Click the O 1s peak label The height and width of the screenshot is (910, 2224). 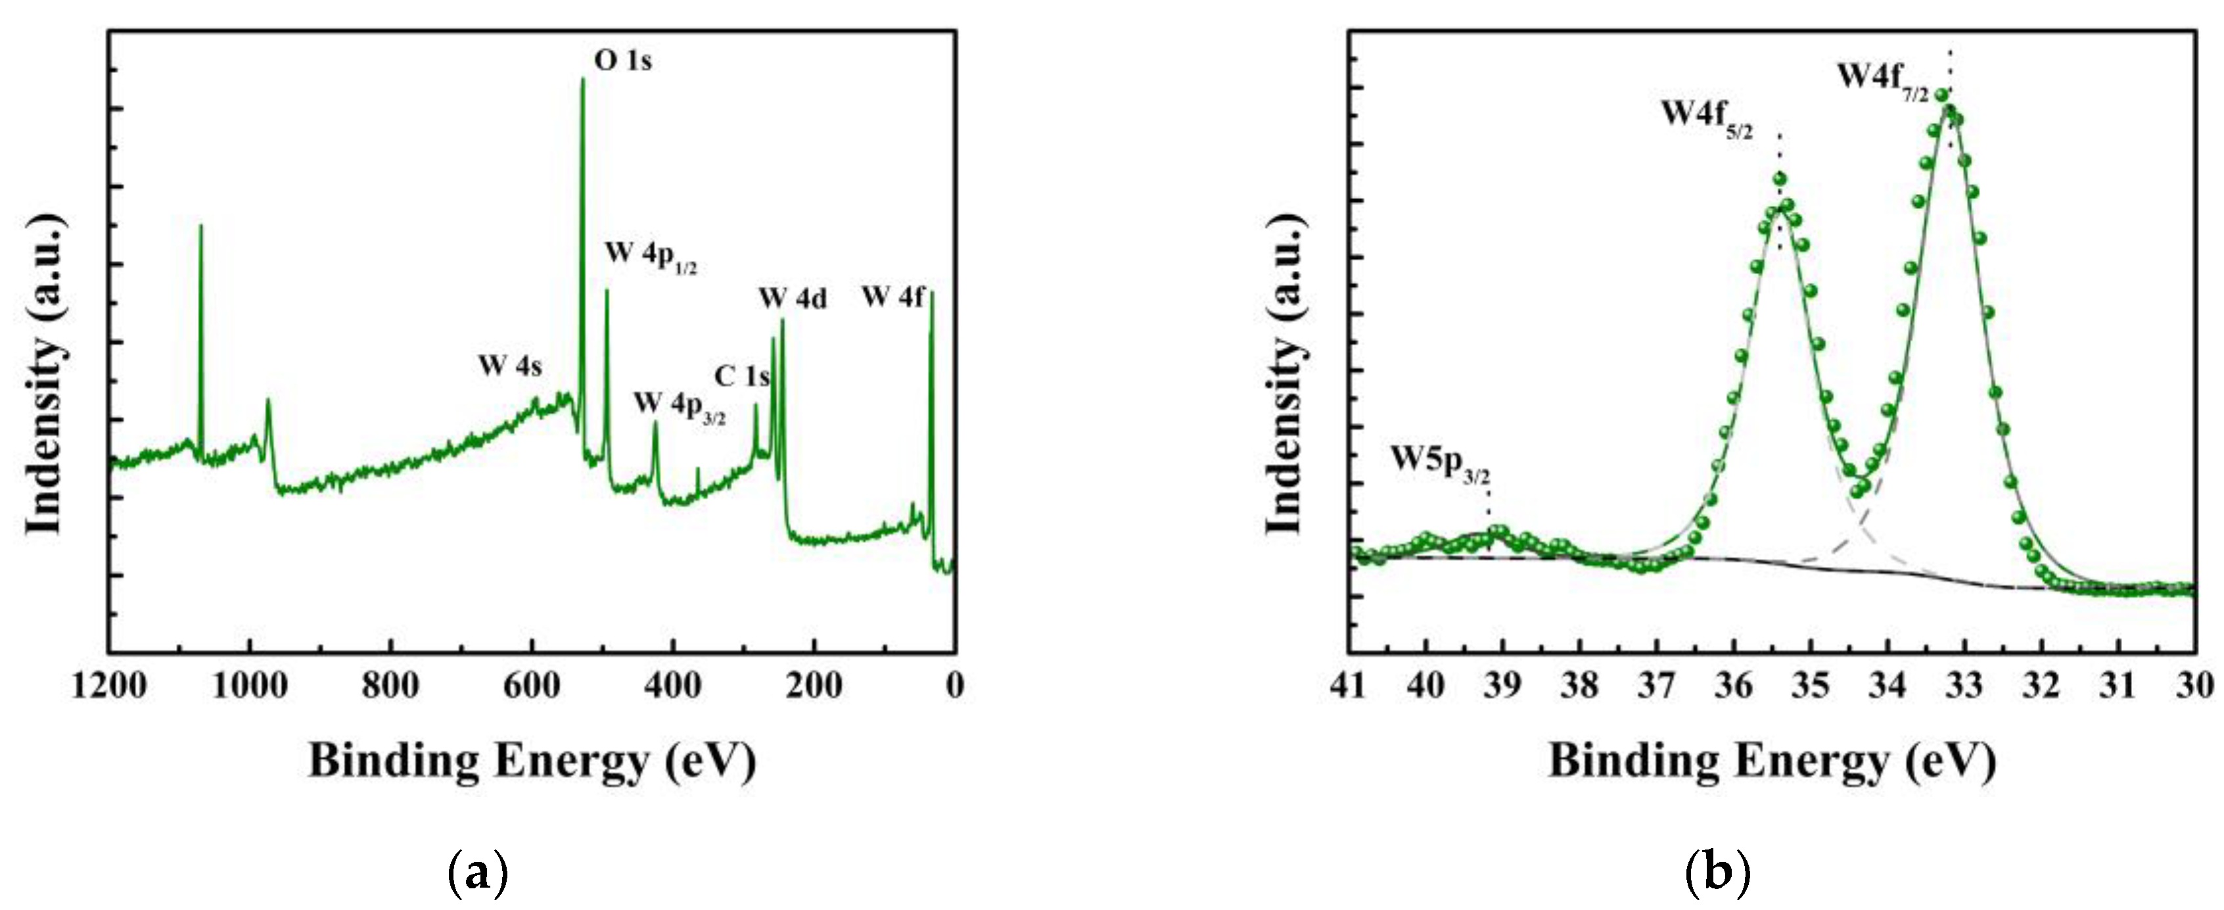pos(622,60)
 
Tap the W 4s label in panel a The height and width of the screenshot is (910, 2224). pos(510,366)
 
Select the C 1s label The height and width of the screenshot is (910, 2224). pos(741,377)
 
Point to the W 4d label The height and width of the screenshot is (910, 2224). pos(793,299)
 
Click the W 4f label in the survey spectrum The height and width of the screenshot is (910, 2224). pos(892,298)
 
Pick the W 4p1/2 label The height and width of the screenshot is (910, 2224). pos(650,256)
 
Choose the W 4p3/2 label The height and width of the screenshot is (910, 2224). pos(680,406)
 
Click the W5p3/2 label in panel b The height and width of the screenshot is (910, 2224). pos(1440,463)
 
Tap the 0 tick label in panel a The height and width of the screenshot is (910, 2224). pos(954,686)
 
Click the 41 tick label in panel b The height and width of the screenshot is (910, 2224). pos(1349,686)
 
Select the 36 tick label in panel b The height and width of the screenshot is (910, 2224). pos(1734,686)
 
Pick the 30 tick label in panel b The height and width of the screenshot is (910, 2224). pos(2194,686)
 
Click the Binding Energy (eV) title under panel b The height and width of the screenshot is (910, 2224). pos(1772,761)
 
